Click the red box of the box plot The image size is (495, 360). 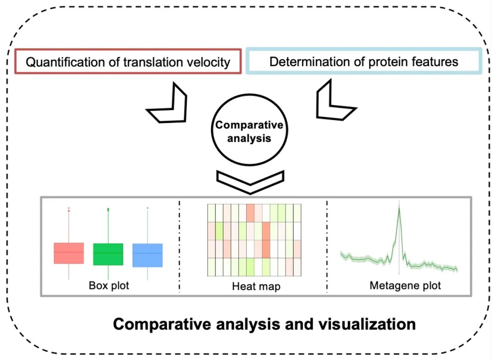[x=69, y=253]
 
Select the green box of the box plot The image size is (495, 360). [x=108, y=254]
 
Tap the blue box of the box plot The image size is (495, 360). [x=148, y=255]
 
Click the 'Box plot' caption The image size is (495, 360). [x=109, y=286]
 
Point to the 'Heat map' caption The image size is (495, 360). [x=256, y=287]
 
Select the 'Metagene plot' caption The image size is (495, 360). [x=405, y=286]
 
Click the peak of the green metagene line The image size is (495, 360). [x=399, y=208]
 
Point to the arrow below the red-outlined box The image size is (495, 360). [x=167, y=103]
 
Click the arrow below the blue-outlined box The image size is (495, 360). [x=335, y=102]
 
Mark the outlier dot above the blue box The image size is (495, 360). [x=148, y=208]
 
